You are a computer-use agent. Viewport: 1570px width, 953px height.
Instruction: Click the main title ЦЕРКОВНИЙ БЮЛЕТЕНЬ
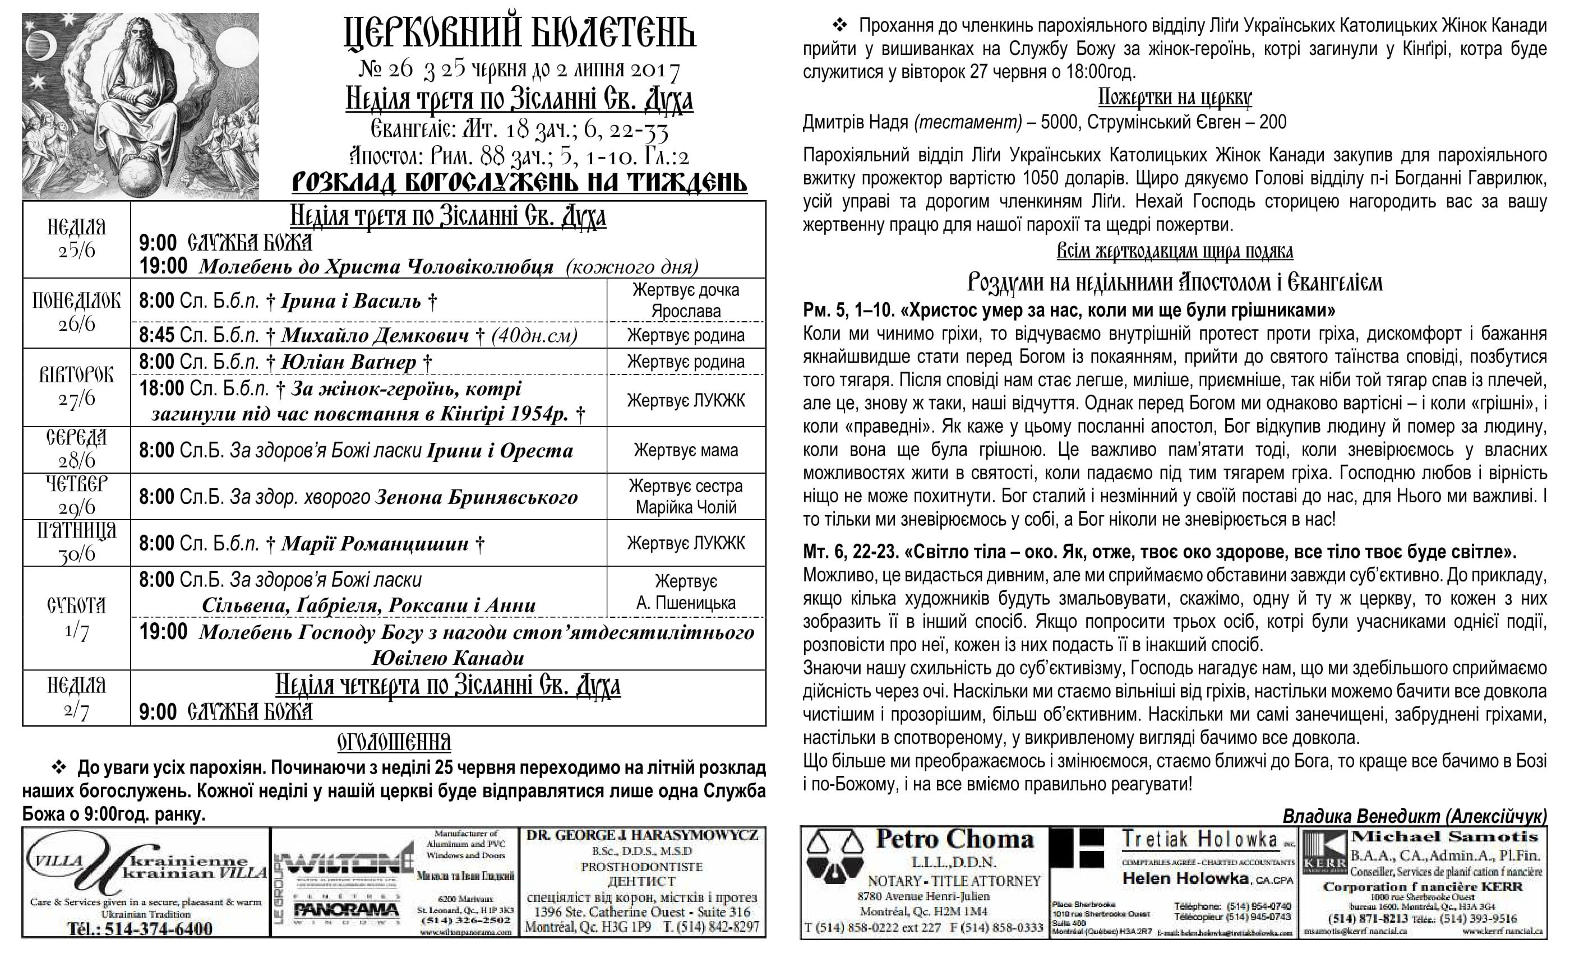point(519,33)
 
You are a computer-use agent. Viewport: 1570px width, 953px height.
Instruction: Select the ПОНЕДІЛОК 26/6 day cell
point(76,312)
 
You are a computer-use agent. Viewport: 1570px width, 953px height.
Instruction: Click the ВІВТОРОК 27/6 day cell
point(76,387)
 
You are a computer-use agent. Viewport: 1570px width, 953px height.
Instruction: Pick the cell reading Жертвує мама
point(686,450)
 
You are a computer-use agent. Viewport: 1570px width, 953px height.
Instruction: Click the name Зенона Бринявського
point(476,497)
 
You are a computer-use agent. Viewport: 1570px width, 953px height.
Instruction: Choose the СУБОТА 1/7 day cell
point(76,617)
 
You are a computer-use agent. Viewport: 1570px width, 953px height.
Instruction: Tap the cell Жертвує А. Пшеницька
point(686,592)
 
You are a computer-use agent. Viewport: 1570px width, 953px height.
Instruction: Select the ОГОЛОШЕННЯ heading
point(394,742)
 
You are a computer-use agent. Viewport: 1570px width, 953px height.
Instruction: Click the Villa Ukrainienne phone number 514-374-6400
point(140,928)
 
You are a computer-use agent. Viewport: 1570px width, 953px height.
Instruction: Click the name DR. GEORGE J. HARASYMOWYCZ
point(642,835)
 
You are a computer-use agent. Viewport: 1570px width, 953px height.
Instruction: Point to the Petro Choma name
point(954,840)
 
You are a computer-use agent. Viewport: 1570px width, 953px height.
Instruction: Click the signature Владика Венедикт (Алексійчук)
point(1414,817)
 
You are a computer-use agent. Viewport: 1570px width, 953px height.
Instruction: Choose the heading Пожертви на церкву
point(1174,98)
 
